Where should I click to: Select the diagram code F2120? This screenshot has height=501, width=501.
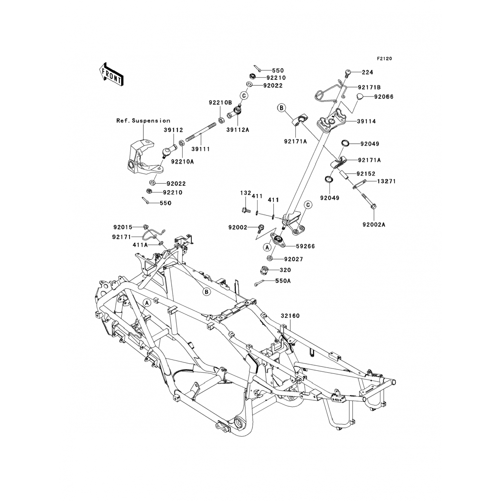point(384,59)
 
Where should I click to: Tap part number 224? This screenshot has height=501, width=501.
point(367,72)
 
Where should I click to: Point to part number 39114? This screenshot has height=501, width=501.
point(366,122)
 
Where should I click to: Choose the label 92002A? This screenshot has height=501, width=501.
point(374,225)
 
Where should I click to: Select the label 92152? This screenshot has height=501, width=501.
point(366,174)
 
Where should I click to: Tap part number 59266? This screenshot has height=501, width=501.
point(305,246)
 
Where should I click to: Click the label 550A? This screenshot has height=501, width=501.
point(283,281)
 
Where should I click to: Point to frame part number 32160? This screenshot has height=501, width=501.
point(290,316)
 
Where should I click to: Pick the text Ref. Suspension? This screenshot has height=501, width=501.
point(143,121)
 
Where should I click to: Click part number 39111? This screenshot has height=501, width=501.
point(200,149)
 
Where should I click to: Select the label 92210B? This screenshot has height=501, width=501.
point(220,103)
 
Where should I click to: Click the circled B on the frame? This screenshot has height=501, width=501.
point(207,292)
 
